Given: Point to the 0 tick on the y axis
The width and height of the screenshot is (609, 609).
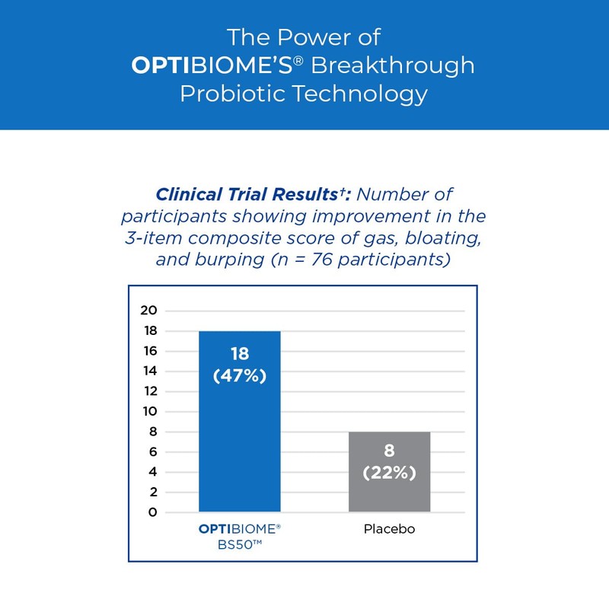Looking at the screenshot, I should coord(152,512).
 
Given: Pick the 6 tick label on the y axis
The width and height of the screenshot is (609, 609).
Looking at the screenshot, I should coord(152,451).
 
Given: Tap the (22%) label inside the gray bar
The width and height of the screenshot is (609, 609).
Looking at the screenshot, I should coord(389,473).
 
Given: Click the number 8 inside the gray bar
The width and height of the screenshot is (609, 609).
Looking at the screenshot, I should coord(389,451).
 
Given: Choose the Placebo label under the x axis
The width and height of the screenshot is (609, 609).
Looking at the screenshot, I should coord(389,529).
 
